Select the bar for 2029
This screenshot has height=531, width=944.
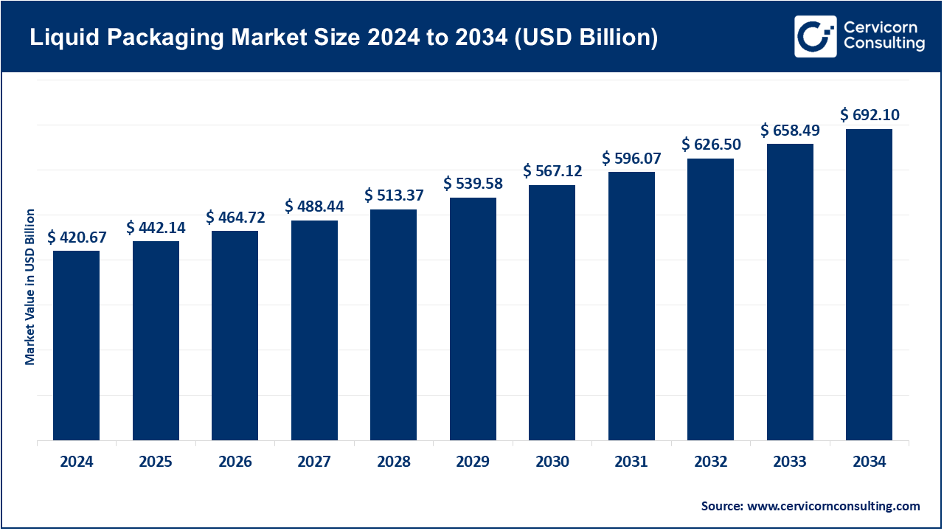[x=473, y=319]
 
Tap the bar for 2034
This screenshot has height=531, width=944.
[x=869, y=285]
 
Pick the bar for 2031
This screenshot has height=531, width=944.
[x=631, y=306]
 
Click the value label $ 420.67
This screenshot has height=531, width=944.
[x=77, y=237]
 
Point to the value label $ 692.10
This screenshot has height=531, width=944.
[x=870, y=115]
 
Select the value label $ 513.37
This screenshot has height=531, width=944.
[x=394, y=195]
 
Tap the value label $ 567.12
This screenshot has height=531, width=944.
[x=552, y=171]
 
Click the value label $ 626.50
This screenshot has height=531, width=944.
[x=711, y=145]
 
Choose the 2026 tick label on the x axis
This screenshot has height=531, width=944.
[x=235, y=462]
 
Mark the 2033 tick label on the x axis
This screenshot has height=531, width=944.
[x=790, y=462]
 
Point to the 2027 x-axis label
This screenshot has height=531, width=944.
[x=314, y=462]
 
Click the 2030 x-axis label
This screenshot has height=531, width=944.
[x=552, y=462]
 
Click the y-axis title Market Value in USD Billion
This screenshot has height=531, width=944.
[x=30, y=287]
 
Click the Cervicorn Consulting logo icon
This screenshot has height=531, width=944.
[x=815, y=36]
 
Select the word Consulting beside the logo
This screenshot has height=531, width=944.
[x=884, y=44]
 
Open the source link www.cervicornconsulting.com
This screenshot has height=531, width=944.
[x=833, y=506]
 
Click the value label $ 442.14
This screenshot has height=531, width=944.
[x=156, y=228]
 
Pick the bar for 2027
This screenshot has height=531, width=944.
[x=314, y=330]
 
